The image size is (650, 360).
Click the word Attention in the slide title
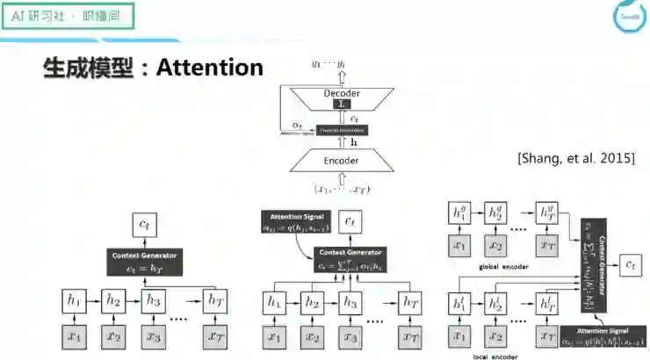(x=209, y=68)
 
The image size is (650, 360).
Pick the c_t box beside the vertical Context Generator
(x=631, y=263)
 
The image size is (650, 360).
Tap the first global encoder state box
(x=458, y=212)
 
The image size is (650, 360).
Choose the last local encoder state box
(x=547, y=303)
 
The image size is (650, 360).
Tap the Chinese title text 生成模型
(x=88, y=68)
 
